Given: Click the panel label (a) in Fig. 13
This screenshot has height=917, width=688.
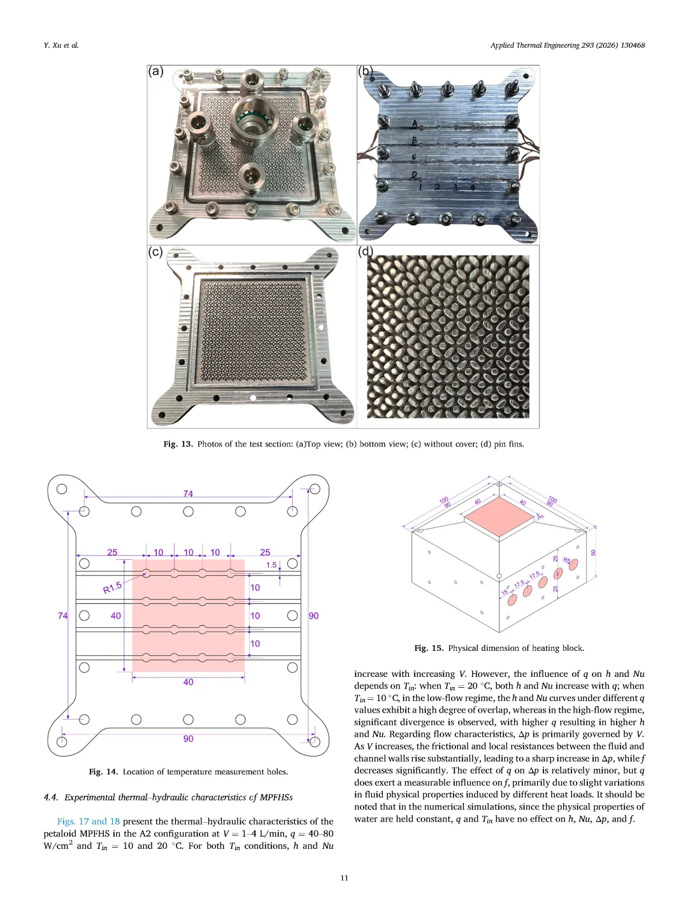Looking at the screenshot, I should coord(156,71).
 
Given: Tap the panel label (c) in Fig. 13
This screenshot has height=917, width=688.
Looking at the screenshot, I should coord(155,252).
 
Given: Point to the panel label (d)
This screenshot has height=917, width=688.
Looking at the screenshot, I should coord(366,252).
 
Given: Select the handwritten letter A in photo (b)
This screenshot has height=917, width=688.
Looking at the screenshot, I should coord(415,124).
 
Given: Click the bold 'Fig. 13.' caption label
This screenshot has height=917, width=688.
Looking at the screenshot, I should coord(178,444).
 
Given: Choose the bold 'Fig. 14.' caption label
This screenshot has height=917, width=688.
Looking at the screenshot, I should coord(103,772).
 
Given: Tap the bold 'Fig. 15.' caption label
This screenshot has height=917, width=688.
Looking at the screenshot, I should coord(429,648).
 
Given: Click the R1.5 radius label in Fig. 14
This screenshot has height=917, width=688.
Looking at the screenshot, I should coord(112,588).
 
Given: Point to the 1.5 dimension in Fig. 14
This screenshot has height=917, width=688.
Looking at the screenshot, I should coord(271,565).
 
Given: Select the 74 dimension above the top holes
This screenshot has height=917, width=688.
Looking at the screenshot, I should coord(188,494).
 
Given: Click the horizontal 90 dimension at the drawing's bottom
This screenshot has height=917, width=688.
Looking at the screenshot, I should coord(188,739).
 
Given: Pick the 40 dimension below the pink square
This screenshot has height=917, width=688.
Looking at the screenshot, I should coord(188,682).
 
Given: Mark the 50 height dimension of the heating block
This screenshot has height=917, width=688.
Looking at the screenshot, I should coord(594,553).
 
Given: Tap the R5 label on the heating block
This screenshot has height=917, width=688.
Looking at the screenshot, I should coord(567,561).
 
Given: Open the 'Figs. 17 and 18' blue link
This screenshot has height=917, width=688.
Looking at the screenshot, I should coord(88,821).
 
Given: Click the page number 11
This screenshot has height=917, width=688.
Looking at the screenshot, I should coord(344,878).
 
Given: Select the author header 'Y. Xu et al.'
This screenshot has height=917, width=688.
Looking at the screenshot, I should coord(61,45).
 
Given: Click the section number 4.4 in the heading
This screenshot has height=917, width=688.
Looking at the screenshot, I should coord(51,797).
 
